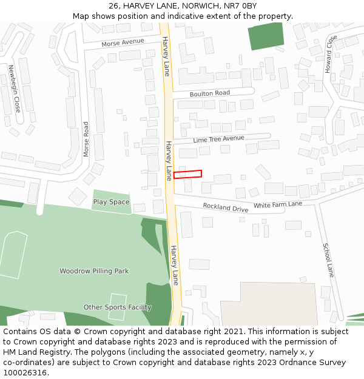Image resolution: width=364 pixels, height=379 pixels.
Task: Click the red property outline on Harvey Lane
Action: pyautogui.click(x=187, y=174)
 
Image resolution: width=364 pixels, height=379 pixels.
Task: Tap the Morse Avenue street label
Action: pyautogui.click(x=123, y=42)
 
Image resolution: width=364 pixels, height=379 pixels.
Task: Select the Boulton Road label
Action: pyautogui.click(x=210, y=93)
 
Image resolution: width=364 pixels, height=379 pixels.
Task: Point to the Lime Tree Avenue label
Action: pyautogui.click(x=218, y=139)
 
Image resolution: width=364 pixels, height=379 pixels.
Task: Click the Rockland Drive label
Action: pyautogui.click(x=226, y=207)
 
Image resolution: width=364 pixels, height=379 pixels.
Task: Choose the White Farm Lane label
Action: pyautogui.click(x=278, y=204)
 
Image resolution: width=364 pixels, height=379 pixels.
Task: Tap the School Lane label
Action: pyautogui.click(x=328, y=260)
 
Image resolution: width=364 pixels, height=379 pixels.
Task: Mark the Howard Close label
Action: pyautogui.click(x=329, y=54)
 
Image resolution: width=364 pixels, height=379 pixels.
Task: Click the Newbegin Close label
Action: pyautogui.click(x=14, y=89)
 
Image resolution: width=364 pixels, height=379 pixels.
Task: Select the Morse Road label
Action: pyautogui.click(x=86, y=139)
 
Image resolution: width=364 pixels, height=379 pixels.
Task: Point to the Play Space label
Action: pyautogui.click(x=111, y=202)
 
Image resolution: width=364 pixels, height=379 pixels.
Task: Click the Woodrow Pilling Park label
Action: pyautogui.click(x=94, y=271)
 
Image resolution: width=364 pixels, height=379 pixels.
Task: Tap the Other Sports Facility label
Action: pyautogui.click(x=117, y=307)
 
